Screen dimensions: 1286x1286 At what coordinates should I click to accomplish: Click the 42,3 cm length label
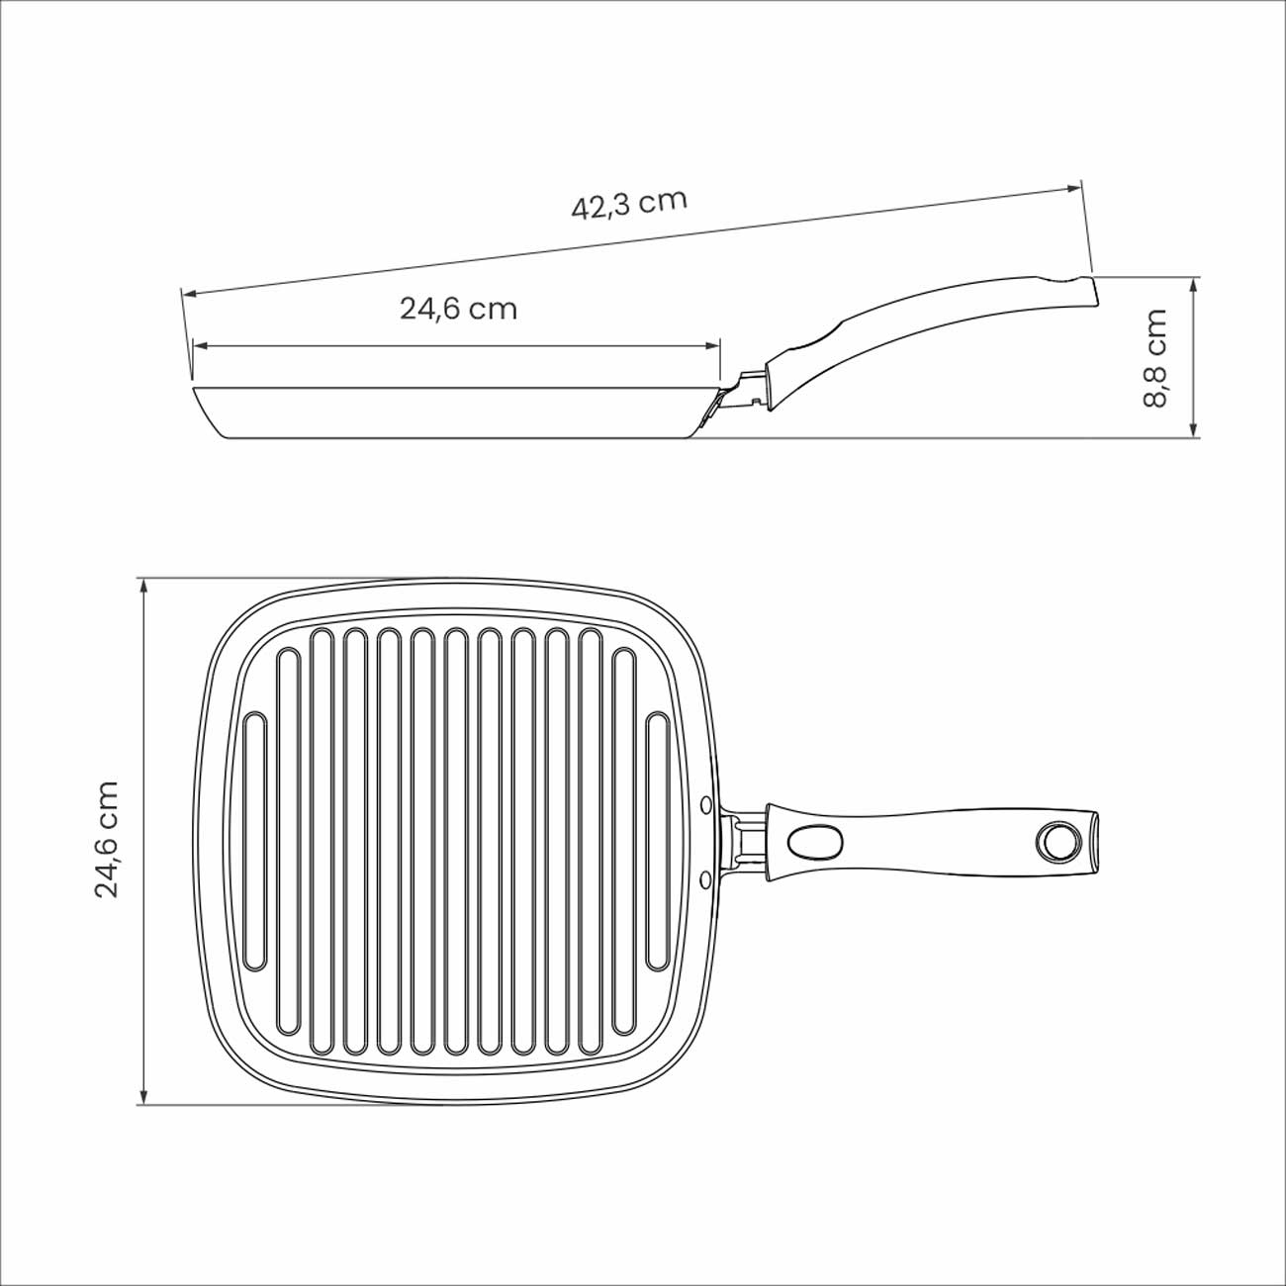(x=629, y=204)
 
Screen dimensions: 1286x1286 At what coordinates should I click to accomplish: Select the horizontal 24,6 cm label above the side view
(x=458, y=309)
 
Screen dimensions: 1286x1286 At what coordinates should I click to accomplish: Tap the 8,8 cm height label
(x=1154, y=357)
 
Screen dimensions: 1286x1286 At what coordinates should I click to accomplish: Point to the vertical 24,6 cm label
(x=107, y=839)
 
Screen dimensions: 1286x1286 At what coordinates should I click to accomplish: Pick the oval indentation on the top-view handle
(x=815, y=844)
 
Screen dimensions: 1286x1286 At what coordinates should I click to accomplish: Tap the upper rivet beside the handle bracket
(x=706, y=806)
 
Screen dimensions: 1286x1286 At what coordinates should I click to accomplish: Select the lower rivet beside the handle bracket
(x=706, y=881)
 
